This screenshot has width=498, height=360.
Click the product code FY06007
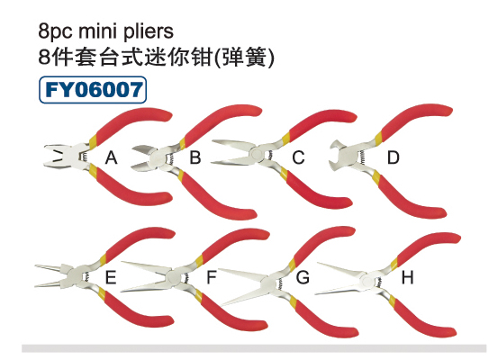(x=94, y=89)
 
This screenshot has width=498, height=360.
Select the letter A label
(x=111, y=157)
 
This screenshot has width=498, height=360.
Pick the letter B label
(x=195, y=157)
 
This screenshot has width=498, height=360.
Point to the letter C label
(x=299, y=157)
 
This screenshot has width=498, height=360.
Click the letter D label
(x=393, y=157)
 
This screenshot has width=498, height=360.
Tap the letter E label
(x=111, y=277)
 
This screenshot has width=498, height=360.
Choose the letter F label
(x=212, y=277)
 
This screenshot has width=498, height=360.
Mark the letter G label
(x=303, y=277)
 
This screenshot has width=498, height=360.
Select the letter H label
(x=407, y=277)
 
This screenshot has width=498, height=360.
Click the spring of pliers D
(x=361, y=157)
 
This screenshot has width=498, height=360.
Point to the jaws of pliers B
(x=142, y=157)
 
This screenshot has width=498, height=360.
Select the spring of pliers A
(x=85, y=157)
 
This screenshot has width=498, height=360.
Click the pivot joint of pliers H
(x=367, y=282)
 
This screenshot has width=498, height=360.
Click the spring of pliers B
(x=170, y=158)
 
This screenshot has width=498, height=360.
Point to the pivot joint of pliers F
(x=174, y=277)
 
